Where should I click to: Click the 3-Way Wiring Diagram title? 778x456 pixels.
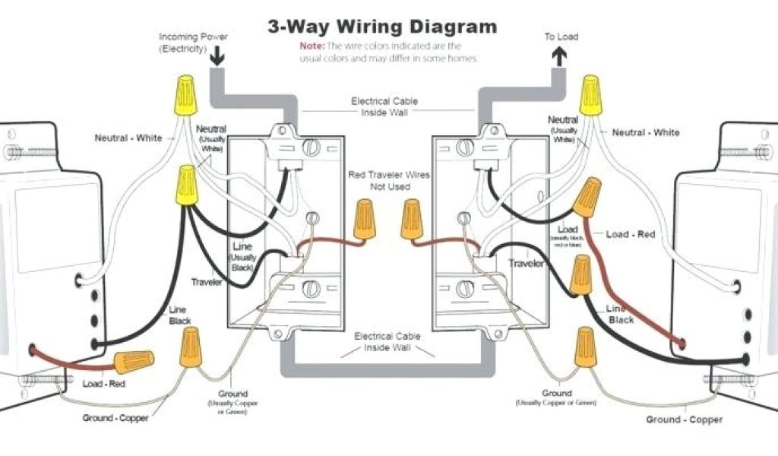[382, 27]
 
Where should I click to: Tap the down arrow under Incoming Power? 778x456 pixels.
[217, 55]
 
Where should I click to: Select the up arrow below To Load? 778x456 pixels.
[560, 55]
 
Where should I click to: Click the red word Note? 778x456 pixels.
[312, 46]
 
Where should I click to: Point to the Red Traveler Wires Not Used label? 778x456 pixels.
[389, 180]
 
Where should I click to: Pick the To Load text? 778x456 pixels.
[561, 36]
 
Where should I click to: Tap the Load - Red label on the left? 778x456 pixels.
[104, 384]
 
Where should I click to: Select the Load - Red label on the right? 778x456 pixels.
[631, 234]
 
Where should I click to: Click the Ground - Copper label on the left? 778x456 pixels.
[115, 418]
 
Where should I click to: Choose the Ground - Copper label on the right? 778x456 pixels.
[684, 420]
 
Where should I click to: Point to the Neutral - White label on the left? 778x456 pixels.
[128, 138]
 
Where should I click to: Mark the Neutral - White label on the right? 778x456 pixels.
[646, 132]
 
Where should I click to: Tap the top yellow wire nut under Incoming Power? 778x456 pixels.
[185, 96]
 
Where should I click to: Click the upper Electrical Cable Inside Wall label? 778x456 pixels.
[384, 106]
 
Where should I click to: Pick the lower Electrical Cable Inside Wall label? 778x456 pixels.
[384, 341]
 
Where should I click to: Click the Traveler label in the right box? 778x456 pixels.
[527, 264]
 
